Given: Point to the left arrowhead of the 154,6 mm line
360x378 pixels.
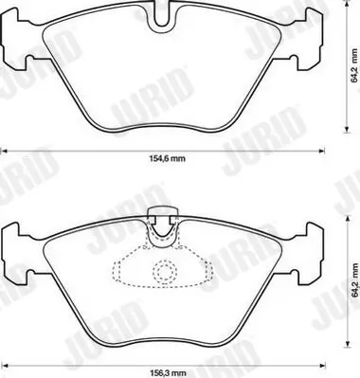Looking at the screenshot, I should click(4, 149).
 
